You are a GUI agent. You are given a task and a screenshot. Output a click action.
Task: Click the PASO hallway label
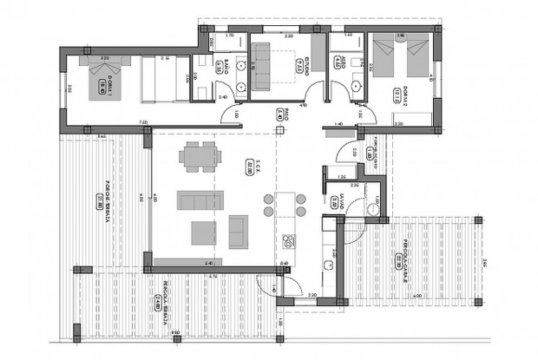pyautogui.click(x=286, y=113)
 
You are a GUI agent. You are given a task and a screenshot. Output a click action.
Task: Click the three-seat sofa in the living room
pyautogui.click(x=200, y=200)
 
